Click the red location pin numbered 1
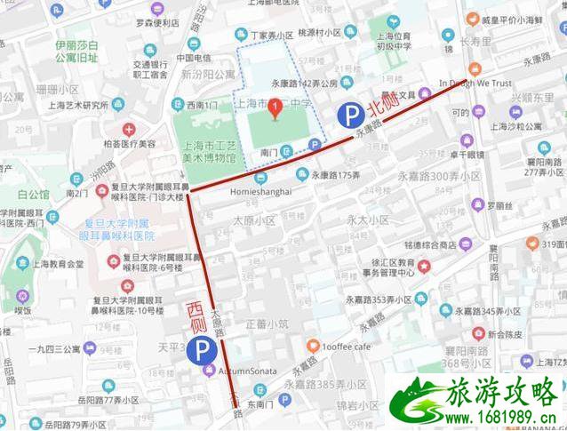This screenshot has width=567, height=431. click(x=276, y=109)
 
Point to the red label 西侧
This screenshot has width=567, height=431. click(x=196, y=316)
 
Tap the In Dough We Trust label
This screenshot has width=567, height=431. click(x=475, y=84)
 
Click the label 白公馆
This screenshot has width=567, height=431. click(x=33, y=195)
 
